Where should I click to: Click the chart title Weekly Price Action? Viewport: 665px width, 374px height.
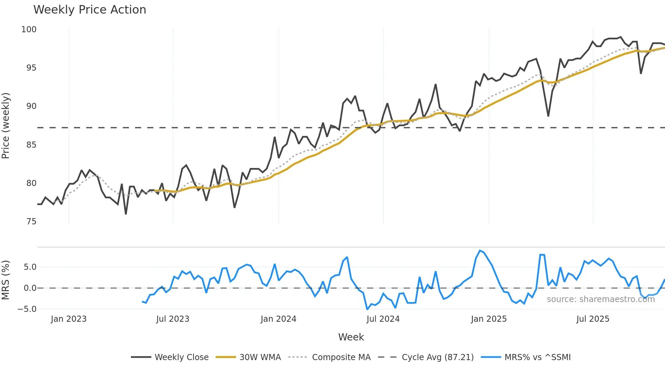pos(90,10)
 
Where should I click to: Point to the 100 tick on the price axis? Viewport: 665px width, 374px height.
pos(29,30)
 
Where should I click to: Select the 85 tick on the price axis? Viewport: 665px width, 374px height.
pos(31,145)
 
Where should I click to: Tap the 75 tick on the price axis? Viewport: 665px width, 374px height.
pos(31,222)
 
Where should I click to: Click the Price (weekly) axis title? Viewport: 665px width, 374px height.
pos(6,126)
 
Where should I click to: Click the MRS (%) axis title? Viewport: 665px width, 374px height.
pos(6,280)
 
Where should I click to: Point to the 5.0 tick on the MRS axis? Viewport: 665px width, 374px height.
pos(30,267)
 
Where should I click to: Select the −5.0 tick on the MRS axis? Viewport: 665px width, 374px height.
pos(27,309)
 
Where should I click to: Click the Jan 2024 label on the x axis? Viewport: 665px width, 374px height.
pos(278,319)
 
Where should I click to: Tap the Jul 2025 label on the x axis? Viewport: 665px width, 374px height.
pos(593,319)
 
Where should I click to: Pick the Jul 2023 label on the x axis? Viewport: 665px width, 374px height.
pos(173,319)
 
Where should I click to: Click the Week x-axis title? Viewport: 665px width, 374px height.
pos(351,337)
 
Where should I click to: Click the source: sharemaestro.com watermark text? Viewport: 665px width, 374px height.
pos(601,299)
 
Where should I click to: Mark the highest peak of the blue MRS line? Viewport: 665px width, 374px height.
pos(480,251)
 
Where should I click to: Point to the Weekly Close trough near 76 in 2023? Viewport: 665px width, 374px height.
pos(126,214)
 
